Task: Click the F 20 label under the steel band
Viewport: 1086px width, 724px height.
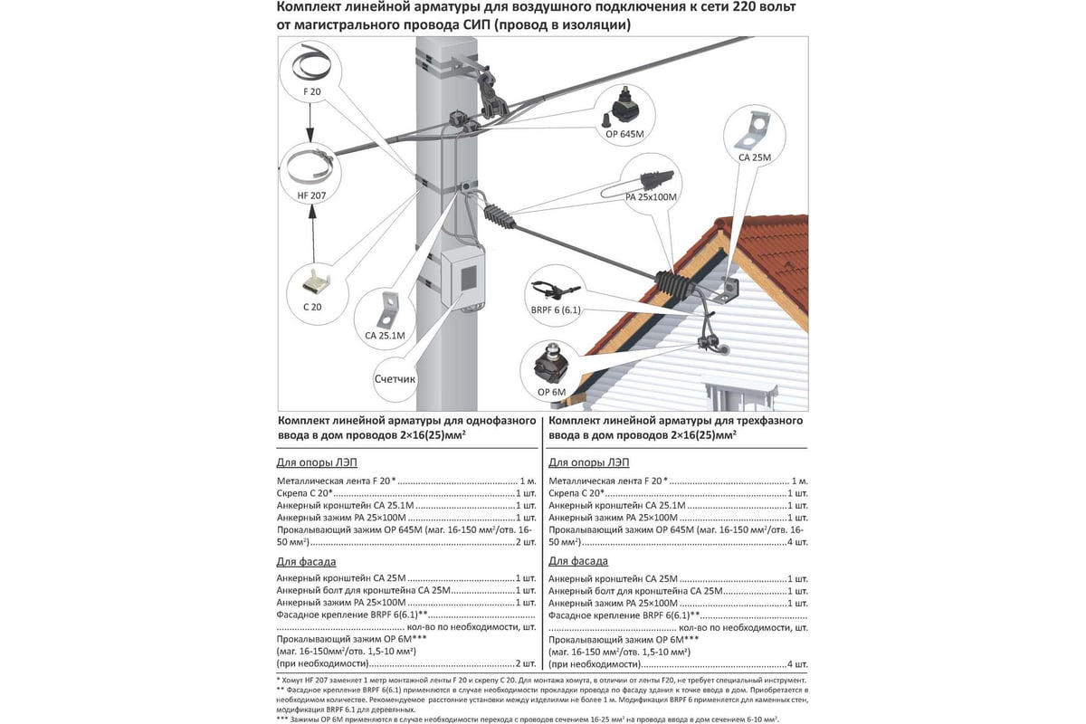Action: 311,92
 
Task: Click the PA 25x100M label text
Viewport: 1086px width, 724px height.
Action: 651,196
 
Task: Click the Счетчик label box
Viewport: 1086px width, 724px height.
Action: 394,379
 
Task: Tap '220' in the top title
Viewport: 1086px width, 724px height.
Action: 748,9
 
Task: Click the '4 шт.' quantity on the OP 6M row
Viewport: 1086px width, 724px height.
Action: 797,663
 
